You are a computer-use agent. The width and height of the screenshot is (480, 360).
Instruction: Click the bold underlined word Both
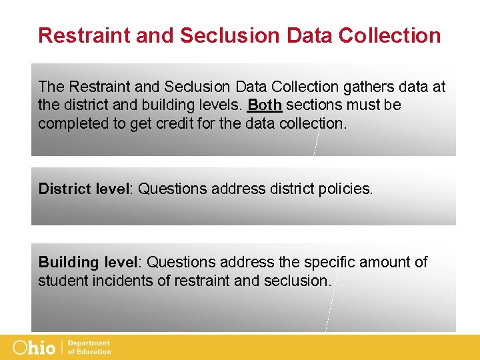tap(265, 105)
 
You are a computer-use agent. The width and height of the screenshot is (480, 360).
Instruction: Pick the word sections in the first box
tap(313, 105)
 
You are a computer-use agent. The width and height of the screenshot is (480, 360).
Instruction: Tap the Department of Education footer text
tap(89, 347)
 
